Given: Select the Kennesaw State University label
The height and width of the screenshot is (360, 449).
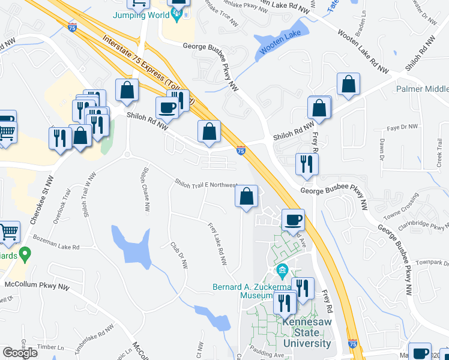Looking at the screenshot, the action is (307, 333).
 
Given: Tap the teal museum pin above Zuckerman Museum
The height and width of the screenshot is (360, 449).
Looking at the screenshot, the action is (283, 271).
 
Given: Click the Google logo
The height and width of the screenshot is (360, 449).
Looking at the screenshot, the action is (20, 352).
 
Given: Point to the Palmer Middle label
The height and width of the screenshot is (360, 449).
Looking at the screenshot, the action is (421, 89).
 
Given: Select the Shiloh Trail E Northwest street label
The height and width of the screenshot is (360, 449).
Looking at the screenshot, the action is (205, 182).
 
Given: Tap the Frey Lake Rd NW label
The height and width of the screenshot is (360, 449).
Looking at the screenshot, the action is (217, 244).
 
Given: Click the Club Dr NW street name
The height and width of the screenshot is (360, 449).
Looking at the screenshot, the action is (179, 255).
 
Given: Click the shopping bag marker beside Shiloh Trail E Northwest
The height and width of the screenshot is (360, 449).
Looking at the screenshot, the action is (246, 196).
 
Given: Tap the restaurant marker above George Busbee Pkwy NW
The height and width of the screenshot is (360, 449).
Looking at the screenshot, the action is (307, 164).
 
